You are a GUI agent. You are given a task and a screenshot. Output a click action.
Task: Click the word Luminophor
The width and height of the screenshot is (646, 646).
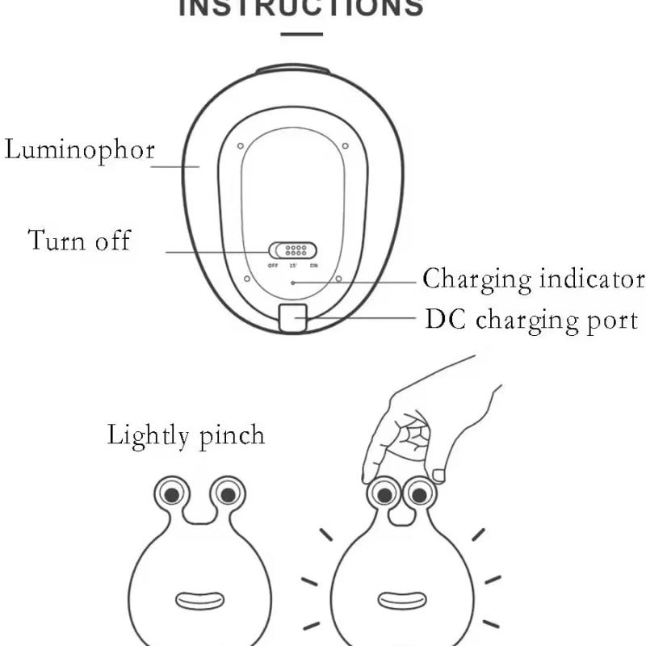(x=79, y=150)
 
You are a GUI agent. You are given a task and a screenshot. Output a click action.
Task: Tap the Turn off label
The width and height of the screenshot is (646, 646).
(x=79, y=241)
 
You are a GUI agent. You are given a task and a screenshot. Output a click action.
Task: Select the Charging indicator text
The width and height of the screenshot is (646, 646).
(x=534, y=279)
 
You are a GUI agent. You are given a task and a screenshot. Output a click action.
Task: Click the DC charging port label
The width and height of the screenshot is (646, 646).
(x=531, y=320)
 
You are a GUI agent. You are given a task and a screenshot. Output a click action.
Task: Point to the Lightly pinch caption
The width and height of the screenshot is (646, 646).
(x=186, y=436)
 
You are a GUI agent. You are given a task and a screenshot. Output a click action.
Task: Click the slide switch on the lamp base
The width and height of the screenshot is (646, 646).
(x=292, y=250)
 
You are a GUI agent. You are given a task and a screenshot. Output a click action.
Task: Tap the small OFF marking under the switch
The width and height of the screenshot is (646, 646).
(x=273, y=265)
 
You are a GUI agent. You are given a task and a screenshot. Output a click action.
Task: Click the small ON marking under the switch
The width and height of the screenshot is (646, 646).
(x=313, y=265)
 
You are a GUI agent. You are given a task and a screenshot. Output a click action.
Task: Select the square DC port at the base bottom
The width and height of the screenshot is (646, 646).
(x=292, y=318)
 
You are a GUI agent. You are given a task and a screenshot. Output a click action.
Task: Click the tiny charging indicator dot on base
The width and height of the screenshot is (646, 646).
(x=293, y=283)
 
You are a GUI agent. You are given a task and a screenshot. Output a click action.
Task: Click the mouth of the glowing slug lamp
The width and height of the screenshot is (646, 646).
(x=401, y=600)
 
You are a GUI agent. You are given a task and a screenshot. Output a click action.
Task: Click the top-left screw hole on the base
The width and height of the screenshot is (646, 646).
(x=240, y=146)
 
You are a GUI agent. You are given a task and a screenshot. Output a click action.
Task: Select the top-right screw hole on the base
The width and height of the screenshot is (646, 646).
(x=345, y=146)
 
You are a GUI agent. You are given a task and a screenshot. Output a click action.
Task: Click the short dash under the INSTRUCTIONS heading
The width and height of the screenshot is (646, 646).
(x=301, y=35)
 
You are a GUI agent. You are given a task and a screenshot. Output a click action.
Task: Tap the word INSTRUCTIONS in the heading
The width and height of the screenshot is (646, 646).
(x=301, y=8)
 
